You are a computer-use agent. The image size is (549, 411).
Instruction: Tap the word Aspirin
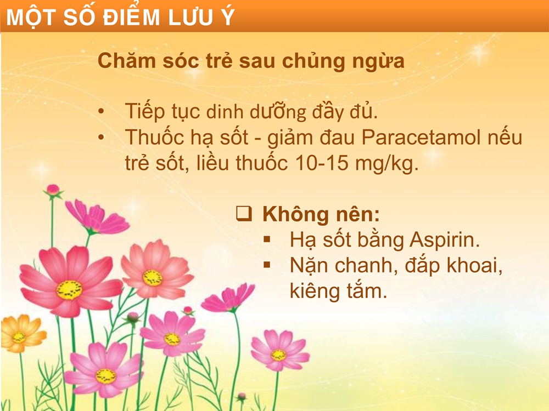pos(444,240)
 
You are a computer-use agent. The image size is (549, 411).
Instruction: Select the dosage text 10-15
pos(322,163)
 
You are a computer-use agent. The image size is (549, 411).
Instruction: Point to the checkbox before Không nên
pos(244,214)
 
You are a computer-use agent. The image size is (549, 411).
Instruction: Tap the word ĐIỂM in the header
pos(131,16)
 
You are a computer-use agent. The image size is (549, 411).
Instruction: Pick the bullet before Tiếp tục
pos(101,111)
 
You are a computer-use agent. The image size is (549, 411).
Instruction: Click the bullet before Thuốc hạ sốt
pos(101,138)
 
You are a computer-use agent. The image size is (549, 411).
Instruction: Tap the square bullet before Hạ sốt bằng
pos(267,239)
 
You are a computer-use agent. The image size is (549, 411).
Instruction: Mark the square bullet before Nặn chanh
pos(267,265)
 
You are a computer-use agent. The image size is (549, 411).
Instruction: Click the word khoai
pos(474,265)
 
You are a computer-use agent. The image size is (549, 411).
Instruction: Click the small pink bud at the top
pos(53,190)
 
